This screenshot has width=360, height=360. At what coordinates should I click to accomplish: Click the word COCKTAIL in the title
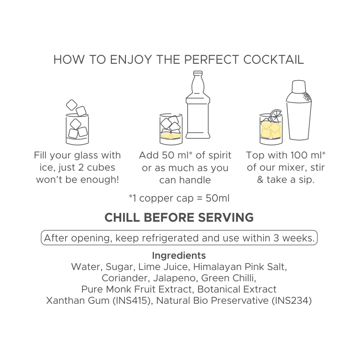273,60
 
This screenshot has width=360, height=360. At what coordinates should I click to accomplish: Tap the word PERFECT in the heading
211,60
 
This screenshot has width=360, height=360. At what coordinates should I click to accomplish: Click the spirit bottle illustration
198,105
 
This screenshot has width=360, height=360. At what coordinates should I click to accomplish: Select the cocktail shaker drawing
299,110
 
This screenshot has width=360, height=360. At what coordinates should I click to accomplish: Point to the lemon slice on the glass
276,116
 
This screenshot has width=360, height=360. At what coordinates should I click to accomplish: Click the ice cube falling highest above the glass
72,105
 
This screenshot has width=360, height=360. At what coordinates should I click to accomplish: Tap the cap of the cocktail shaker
299,86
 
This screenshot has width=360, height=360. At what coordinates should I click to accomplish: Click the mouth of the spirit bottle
198,73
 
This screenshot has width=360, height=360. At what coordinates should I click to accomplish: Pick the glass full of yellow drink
271,129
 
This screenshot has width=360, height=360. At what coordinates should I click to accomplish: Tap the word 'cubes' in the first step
101,167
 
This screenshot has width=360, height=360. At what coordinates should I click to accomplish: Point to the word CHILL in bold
122,217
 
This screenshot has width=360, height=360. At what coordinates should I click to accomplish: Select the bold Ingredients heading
179,255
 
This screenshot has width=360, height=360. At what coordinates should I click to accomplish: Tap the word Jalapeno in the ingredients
174,278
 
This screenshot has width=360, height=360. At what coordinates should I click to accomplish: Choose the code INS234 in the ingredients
292,300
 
